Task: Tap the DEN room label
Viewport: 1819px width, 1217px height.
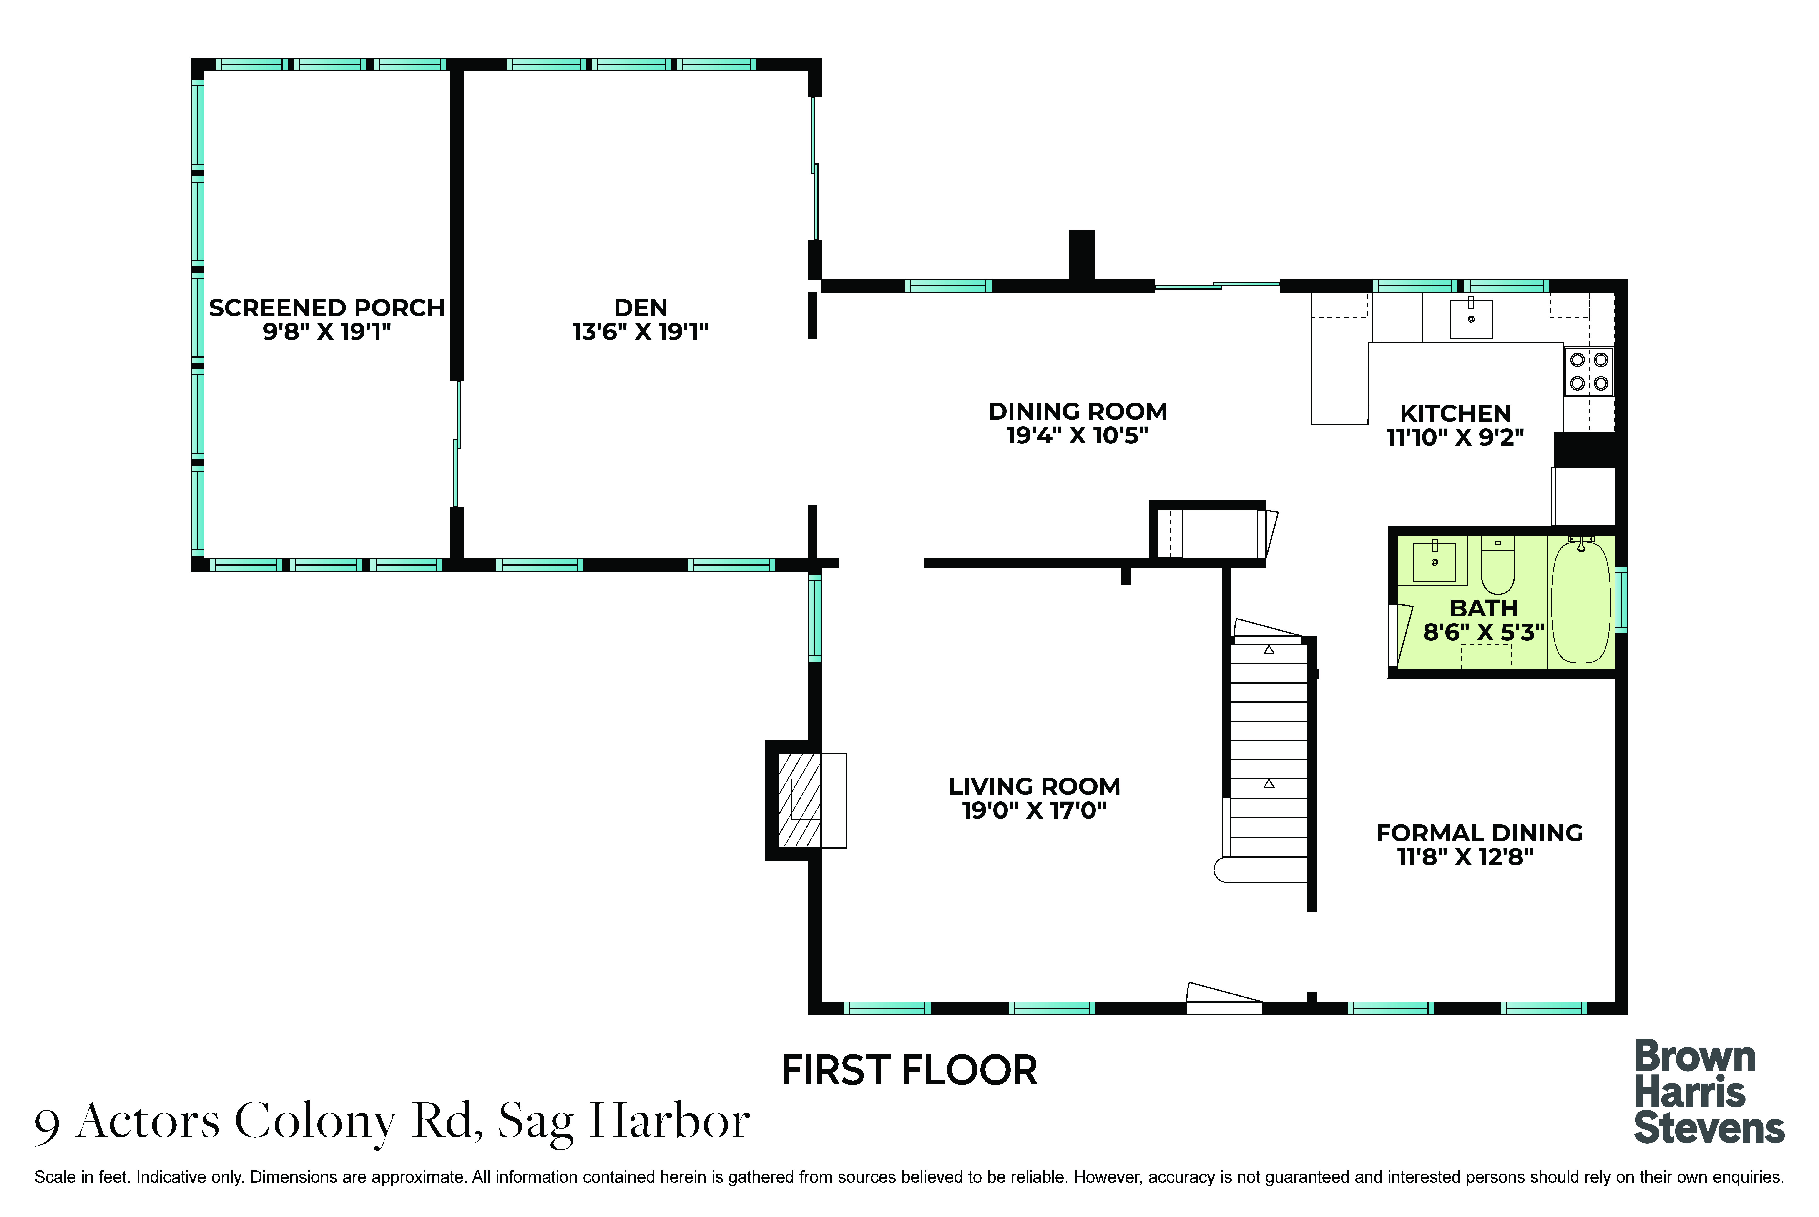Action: tap(641, 308)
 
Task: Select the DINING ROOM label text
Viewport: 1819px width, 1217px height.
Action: tap(1078, 411)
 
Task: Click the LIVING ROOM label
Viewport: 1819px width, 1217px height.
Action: tap(1034, 786)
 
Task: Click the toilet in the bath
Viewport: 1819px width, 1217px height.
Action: tap(1497, 564)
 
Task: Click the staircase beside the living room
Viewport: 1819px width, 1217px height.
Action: tap(1268, 751)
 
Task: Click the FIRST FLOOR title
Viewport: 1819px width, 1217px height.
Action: tap(909, 1071)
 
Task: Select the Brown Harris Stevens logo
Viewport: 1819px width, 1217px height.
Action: tap(1709, 1092)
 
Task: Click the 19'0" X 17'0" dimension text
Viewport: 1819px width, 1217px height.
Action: tap(1034, 810)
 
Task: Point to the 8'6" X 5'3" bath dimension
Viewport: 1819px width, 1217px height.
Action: tap(1483, 633)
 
